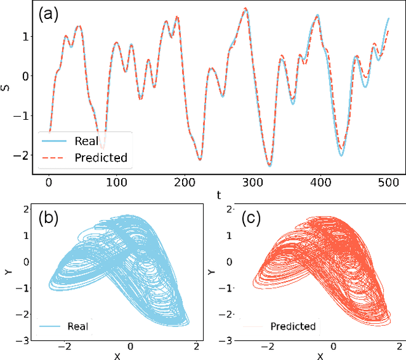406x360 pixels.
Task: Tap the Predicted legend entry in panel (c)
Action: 292,326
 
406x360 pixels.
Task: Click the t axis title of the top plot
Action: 218,195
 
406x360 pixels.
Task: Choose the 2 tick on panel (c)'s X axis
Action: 400,346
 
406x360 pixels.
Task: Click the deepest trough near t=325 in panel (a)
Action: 270,166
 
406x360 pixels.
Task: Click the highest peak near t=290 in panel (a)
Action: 246,9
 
